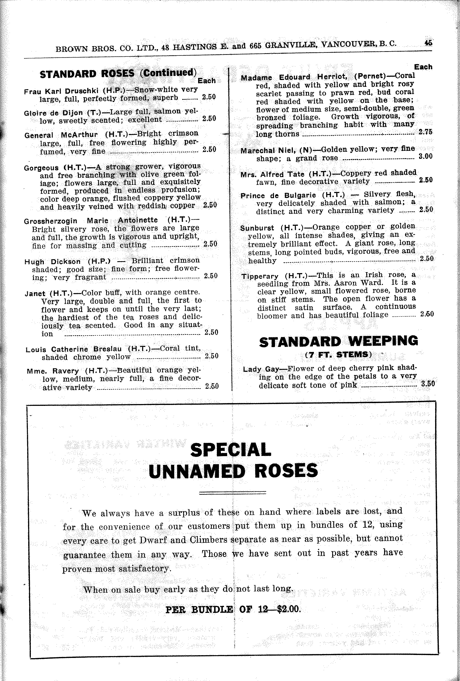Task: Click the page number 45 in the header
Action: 428,43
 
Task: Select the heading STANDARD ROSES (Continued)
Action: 118,73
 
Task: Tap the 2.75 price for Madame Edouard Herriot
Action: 425,132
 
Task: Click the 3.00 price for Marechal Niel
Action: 426,156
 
